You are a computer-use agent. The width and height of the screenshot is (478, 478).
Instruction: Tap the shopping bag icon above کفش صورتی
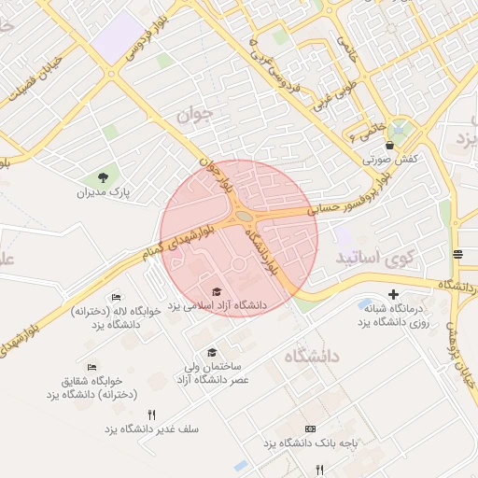[389, 146]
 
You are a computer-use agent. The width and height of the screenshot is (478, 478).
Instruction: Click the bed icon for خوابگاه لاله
[116, 298]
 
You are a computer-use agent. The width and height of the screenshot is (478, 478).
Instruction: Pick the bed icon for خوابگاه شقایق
[91, 367]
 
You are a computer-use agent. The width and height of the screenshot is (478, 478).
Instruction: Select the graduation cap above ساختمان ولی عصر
[212, 352]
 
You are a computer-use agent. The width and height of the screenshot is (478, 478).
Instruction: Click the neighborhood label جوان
[194, 115]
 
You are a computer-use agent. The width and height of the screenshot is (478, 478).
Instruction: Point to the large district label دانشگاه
[311, 355]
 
